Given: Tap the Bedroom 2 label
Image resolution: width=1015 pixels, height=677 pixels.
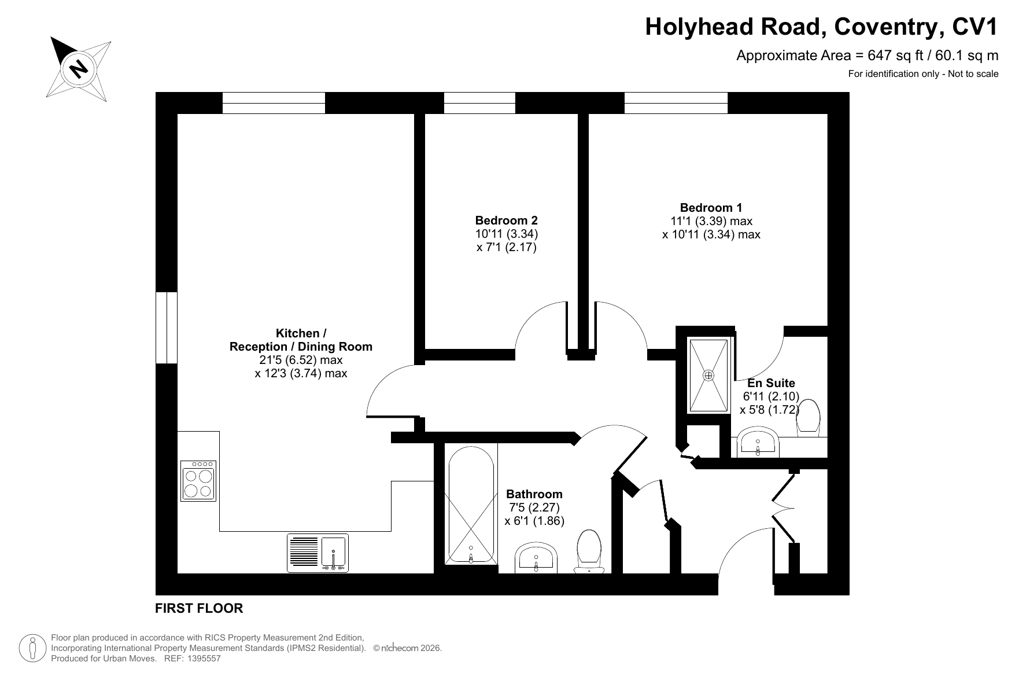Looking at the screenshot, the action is tap(506, 220).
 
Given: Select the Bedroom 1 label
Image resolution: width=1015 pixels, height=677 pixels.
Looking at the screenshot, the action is tap(711, 208).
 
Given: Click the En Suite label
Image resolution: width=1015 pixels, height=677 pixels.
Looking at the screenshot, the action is tap(771, 383).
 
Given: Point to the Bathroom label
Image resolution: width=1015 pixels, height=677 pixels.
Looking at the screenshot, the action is tap(534, 494).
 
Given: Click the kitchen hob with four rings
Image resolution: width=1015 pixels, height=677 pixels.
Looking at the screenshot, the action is tap(198, 480).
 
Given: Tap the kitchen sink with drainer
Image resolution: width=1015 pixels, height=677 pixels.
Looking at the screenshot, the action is tap(318, 553).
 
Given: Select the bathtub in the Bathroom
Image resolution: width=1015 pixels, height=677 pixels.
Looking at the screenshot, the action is tap(471, 504).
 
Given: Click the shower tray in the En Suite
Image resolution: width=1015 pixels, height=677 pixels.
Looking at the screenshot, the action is tap(708, 376).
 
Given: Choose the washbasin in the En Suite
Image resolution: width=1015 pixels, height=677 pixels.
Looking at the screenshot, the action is tap(758, 443).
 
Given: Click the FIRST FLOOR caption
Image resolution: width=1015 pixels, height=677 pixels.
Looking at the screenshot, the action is tap(199, 608).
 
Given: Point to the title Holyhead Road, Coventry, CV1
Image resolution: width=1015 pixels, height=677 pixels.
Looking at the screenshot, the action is tap(822, 27).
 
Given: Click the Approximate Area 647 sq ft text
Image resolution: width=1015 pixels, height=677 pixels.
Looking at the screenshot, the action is tap(867, 56).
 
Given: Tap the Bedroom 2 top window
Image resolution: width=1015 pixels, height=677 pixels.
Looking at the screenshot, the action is tap(479, 103).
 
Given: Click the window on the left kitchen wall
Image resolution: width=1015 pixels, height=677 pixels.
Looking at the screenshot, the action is tap(167, 328).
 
